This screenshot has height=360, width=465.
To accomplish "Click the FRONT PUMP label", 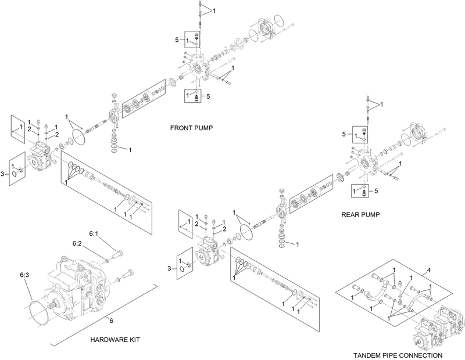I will [x=189, y=127].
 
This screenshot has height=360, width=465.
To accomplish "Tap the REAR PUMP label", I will [x=361, y=214].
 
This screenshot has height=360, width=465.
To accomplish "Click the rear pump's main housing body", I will [x=210, y=251].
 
